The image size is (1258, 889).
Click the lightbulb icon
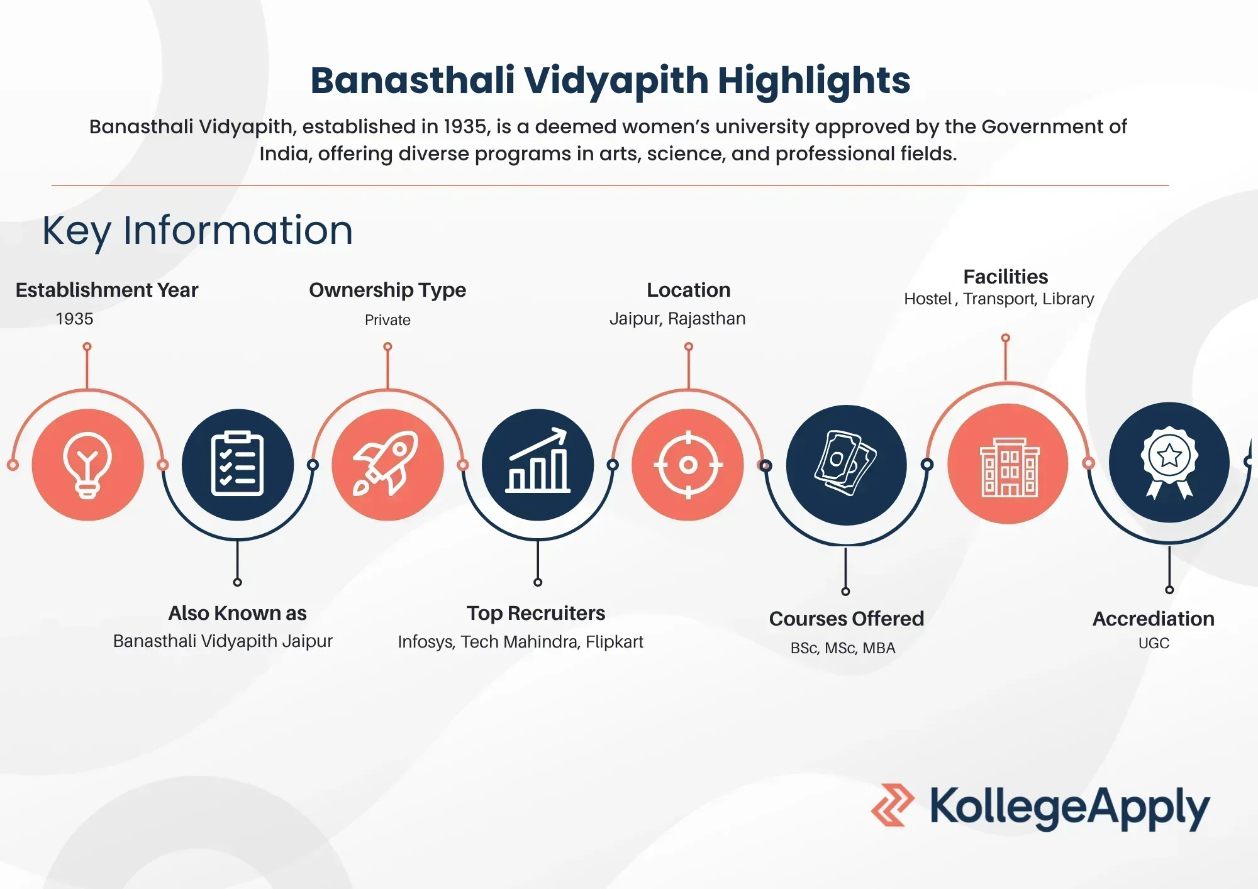click(87, 465)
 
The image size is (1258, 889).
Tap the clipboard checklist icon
click(237, 465)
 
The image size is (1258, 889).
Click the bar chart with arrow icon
click(538, 463)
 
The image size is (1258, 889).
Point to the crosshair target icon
click(688, 465)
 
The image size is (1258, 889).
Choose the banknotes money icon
click(846, 464)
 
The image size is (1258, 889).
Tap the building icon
click(1008, 465)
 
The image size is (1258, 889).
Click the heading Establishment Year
click(107, 290)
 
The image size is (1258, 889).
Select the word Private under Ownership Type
click(387, 320)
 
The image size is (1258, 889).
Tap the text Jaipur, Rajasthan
click(677, 319)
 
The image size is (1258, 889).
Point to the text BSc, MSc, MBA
click(843, 648)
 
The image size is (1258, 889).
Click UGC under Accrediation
click(1154, 643)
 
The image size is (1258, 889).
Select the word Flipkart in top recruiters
click(614, 642)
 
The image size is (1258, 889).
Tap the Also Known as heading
click(237, 613)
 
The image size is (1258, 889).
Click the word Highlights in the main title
click(813, 80)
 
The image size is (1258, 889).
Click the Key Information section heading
click(198, 230)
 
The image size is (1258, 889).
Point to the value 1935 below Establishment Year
click(74, 319)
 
